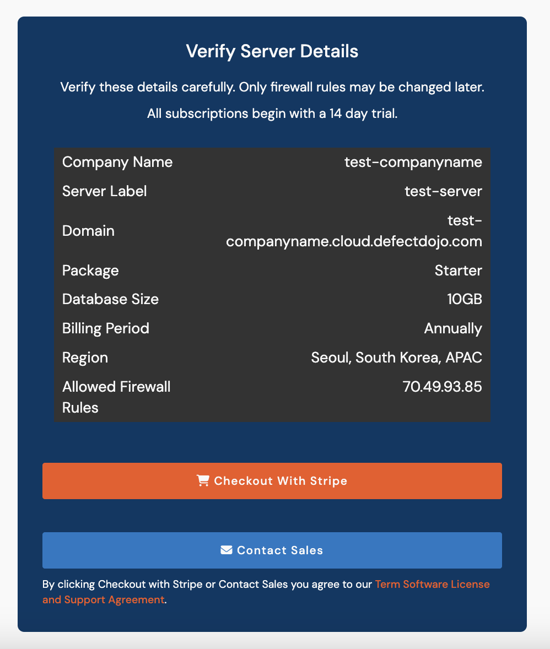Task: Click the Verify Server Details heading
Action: pos(272,51)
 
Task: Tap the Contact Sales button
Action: pos(272,550)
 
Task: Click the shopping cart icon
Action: pos(203,481)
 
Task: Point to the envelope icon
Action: pos(226,550)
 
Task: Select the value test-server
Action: pos(443,191)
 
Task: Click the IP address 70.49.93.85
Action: pos(442,387)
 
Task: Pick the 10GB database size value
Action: pos(465,299)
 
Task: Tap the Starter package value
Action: pos(458,271)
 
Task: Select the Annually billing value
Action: pos(453,328)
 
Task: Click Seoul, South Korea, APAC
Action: pos(396,358)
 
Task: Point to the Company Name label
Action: pos(117,162)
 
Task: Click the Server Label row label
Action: pos(105,191)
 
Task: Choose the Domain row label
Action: pos(88,231)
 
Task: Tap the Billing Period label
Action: pos(106,328)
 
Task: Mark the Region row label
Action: pos(85,358)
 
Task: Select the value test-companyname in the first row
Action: pos(413,162)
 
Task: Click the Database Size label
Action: pos(110,299)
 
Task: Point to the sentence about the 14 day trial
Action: pos(272,114)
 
